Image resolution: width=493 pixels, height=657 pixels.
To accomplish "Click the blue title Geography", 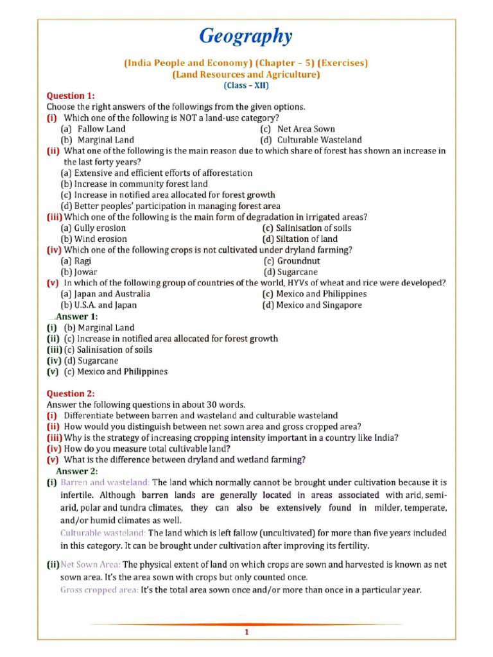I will [x=246, y=36].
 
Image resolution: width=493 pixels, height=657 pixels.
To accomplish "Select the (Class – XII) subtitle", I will [x=246, y=85].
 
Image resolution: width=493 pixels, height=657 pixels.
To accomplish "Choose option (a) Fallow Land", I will [x=93, y=129].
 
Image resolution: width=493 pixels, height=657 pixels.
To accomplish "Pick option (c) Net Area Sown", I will [x=297, y=129].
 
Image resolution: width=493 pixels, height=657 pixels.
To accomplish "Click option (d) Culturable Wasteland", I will [x=311, y=140].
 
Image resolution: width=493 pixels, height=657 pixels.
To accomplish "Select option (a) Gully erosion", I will [x=93, y=228].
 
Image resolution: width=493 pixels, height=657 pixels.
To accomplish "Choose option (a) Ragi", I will [x=76, y=261].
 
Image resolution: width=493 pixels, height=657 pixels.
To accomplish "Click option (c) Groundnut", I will [x=292, y=261].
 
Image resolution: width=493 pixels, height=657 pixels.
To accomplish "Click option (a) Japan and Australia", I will [x=105, y=294].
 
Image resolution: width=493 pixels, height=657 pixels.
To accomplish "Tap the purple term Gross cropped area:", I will [x=99, y=590].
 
